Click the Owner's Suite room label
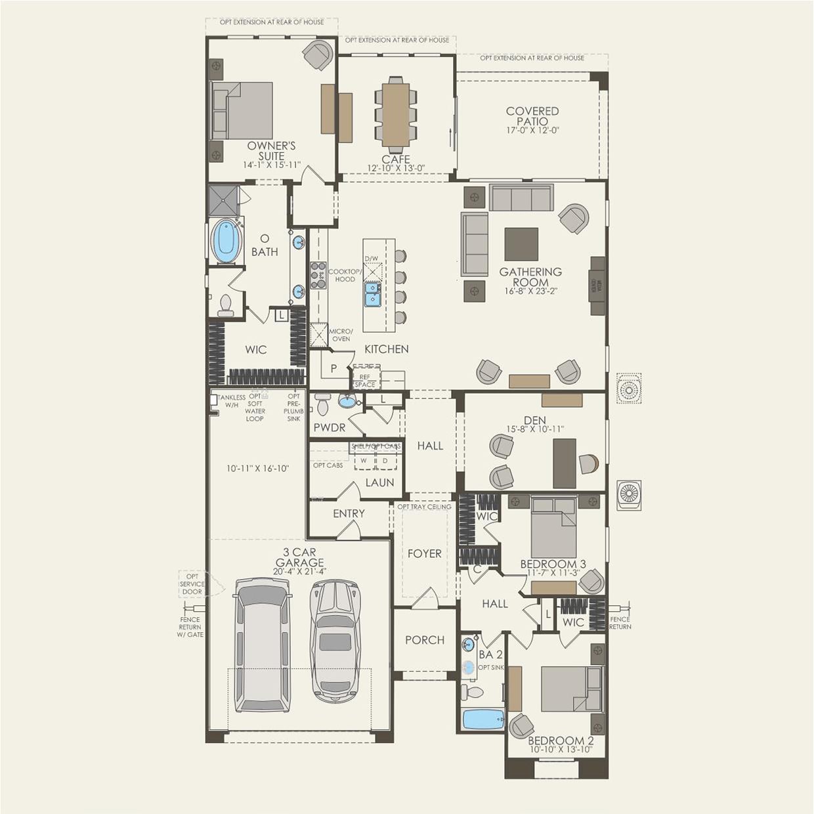click(271, 150)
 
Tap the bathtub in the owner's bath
click(226, 241)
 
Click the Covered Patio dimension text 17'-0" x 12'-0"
click(532, 131)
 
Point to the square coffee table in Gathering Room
click(521, 244)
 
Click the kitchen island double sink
click(372, 294)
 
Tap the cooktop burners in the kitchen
click(318, 275)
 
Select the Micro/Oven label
click(341, 335)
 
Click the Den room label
click(535, 420)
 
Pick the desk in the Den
click(565, 463)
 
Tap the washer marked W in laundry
click(363, 461)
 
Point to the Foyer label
click(424, 553)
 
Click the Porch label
click(425, 640)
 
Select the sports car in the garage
click(335, 640)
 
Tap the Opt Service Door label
click(192, 584)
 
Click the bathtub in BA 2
click(482, 719)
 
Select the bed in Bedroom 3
click(553, 528)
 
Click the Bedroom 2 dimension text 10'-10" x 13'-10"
click(561, 749)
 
